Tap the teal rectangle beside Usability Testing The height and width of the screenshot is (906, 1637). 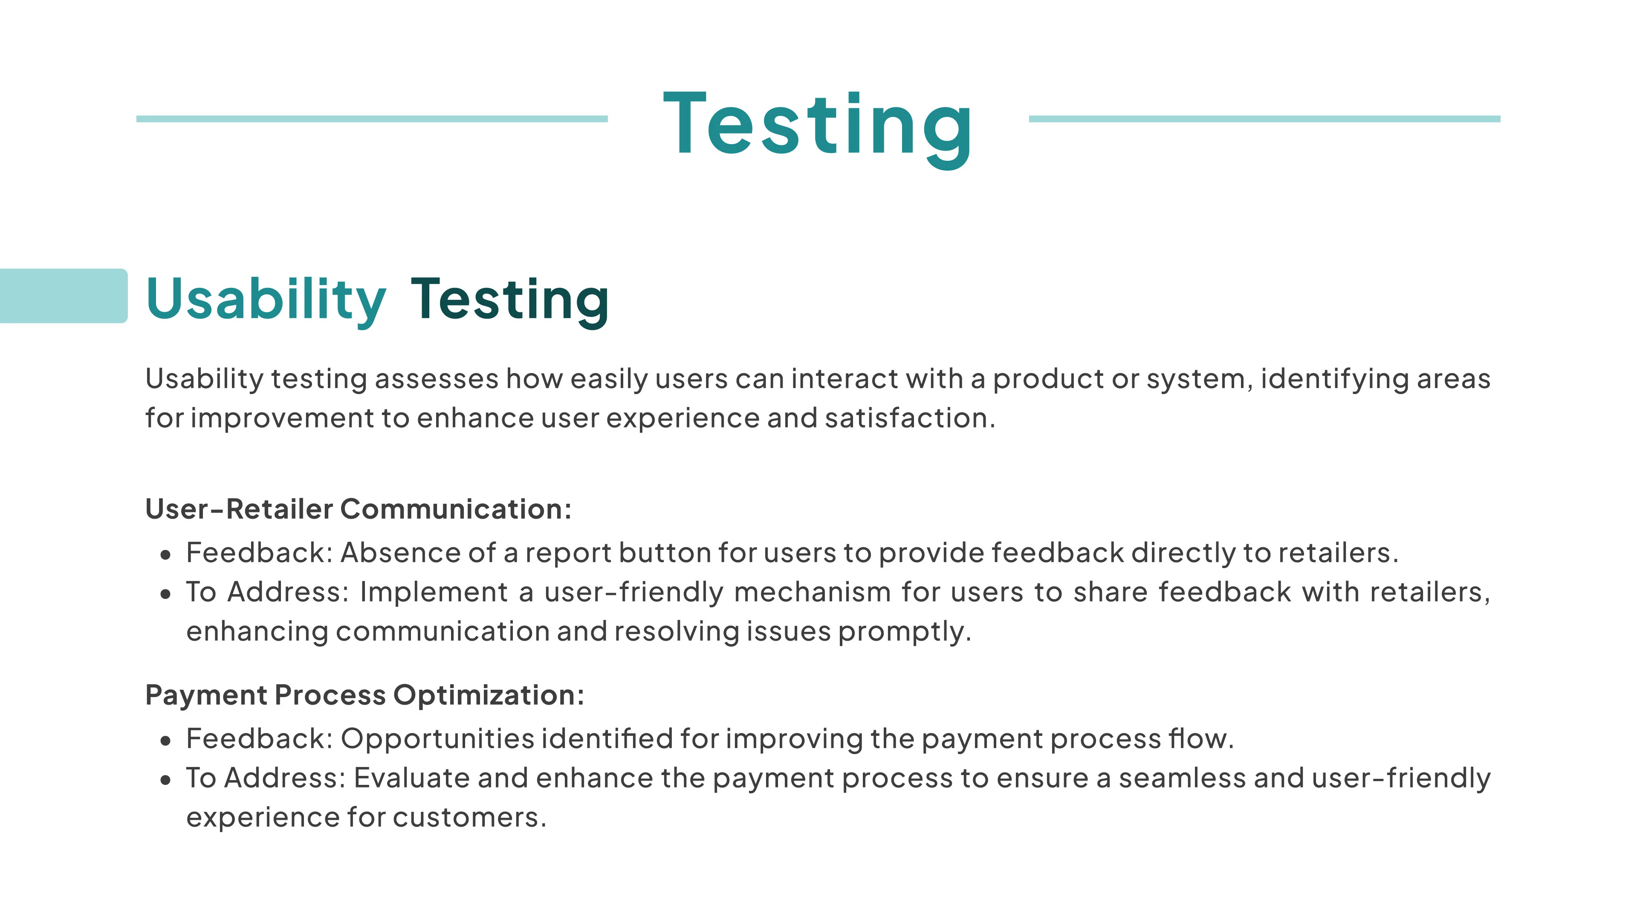64,296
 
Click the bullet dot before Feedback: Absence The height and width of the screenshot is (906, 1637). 166,555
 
